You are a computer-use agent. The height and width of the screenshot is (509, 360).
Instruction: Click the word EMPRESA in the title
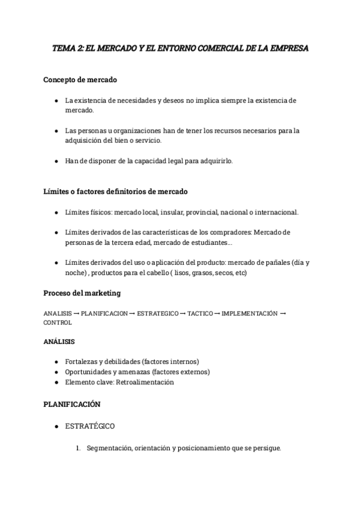point(288,49)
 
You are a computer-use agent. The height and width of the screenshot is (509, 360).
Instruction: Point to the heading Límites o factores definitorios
point(116,191)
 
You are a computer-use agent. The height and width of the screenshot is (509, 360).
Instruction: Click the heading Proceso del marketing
point(82,293)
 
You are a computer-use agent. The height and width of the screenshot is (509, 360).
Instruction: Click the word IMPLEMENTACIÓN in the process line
point(250,313)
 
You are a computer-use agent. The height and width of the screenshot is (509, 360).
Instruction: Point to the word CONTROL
point(58,322)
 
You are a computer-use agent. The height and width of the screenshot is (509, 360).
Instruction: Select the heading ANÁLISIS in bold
point(59,342)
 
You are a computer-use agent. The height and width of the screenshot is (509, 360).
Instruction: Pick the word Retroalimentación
point(145,382)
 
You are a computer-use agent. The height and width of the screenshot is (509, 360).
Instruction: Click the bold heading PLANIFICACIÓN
point(71,405)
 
